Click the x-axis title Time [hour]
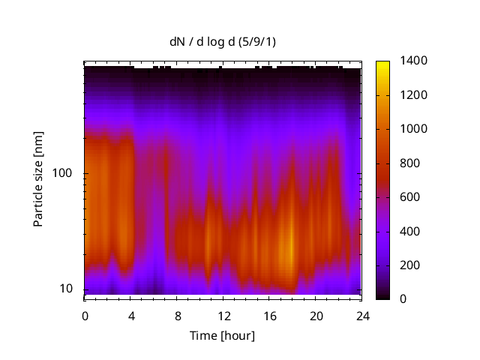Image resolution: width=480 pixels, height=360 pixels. [x=221, y=335]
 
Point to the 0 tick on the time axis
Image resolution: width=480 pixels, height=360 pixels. [x=85, y=315]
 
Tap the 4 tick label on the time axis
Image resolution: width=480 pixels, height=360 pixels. [x=131, y=315]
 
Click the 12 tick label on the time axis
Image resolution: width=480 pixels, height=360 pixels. [x=223, y=315]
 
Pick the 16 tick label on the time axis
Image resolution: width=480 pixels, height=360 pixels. [x=269, y=315]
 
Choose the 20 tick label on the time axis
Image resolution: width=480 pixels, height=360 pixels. [x=316, y=315]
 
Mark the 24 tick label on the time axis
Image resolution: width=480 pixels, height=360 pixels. [x=361, y=315]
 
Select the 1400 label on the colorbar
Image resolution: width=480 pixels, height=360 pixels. [x=414, y=61]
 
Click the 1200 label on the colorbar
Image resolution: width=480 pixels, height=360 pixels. [x=414, y=95]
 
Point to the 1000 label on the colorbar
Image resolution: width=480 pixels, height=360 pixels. [x=414, y=129]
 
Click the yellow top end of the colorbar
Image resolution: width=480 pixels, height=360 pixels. [x=382, y=63]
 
